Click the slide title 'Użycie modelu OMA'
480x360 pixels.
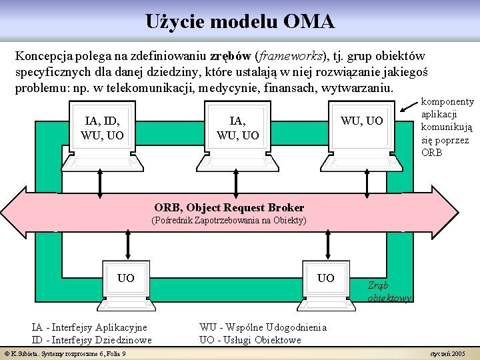point(240,21)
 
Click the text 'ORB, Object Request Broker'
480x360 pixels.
point(229,207)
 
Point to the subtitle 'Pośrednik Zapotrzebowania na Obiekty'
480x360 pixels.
point(229,220)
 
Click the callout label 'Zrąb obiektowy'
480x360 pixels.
point(389,291)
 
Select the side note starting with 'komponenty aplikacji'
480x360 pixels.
point(447,127)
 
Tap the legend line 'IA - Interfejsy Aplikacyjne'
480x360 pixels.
point(89,327)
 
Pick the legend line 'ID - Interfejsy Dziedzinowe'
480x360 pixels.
point(91,340)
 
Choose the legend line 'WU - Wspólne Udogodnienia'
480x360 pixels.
point(263,327)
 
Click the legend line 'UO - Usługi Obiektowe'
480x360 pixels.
point(250,340)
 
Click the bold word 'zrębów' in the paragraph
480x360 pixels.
point(231,55)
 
